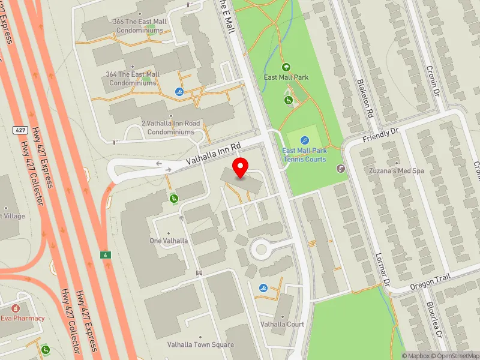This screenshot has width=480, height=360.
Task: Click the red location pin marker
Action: pyautogui.click(x=241, y=168)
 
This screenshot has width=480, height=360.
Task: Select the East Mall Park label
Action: pyautogui.click(x=286, y=77)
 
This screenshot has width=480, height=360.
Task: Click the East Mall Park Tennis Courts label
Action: pyautogui.click(x=304, y=155)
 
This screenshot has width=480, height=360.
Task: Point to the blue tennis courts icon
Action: pyautogui.click(x=304, y=140)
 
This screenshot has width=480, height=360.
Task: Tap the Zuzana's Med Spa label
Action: pyautogui.click(x=397, y=171)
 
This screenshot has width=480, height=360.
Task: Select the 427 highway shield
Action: pyautogui.click(x=20, y=130)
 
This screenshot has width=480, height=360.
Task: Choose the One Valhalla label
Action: pyautogui.click(x=169, y=241)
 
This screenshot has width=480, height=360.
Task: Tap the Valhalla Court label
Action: pyautogui.click(x=282, y=324)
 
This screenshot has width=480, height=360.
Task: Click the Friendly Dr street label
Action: pyautogui.click(x=380, y=134)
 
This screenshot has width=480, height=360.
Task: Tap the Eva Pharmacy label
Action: pyautogui.click(x=22, y=318)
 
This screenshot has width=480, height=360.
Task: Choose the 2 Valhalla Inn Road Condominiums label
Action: pyautogui.click(x=171, y=127)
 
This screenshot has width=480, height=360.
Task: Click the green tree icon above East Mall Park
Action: pyautogui.click(x=286, y=67)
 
